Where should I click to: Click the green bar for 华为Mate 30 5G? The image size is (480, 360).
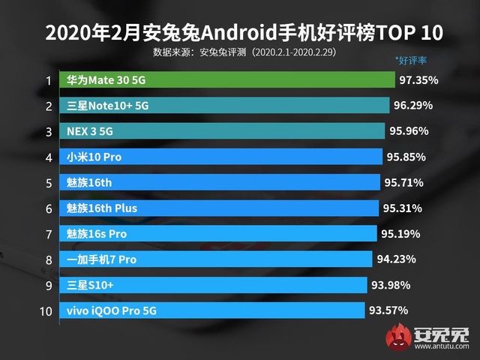(x=225, y=80)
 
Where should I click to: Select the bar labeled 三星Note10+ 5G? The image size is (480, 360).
(x=222, y=106)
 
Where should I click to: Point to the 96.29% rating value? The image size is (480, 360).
(x=412, y=106)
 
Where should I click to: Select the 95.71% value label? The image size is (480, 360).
(x=404, y=182)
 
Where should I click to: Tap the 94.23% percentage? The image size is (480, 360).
(x=395, y=259)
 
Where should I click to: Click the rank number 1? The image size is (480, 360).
(x=48, y=80)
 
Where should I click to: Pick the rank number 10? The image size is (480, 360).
(x=46, y=310)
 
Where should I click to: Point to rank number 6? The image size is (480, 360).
(x=48, y=208)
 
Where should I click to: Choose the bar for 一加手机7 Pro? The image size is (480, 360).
(x=209, y=259)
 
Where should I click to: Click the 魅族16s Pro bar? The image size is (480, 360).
(x=211, y=233)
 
